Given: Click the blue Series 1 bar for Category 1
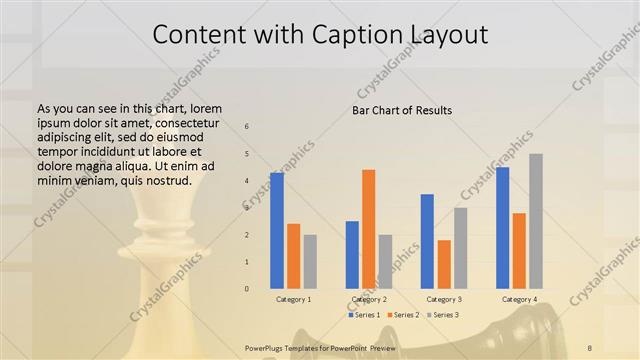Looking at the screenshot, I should click(277, 230).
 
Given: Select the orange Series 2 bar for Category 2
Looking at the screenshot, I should click(369, 229).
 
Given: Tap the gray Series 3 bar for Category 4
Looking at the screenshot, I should click(536, 221).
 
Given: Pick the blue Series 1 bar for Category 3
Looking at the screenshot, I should click(427, 241).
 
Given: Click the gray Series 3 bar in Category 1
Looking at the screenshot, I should click(310, 261).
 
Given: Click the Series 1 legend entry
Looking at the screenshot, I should click(364, 315).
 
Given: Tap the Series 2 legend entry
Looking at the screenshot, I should click(402, 315).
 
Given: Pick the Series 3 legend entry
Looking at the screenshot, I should click(441, 315).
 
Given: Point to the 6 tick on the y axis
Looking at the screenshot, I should click(247, 127).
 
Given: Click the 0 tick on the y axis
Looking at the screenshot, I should click(247, 289).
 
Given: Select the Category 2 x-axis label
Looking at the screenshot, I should click(369, 299).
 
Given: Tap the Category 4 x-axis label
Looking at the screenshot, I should click(519, 299).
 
